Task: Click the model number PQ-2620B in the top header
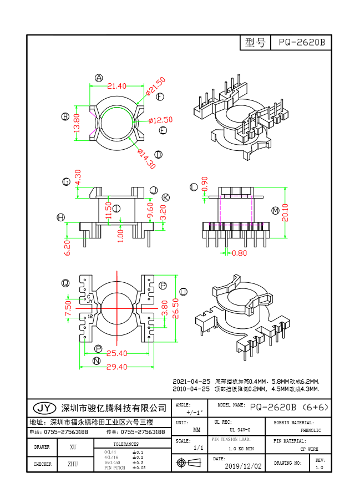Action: click(x=301, y=43)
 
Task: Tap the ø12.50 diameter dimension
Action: click(x=161, y=120)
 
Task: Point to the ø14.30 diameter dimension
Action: click(x=146, y=159)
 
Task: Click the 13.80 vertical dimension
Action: click(x=77, y=123)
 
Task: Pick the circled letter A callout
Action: click(x=99, y=78)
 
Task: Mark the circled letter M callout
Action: click(x=276, y=210)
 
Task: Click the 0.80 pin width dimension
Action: click(x=239, y=254)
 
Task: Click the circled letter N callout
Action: click(x=97, y=361)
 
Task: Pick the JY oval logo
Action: click(x=45, y=408)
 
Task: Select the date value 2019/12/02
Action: click(x=243, y=466)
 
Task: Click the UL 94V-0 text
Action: click(x=240, y=430)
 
